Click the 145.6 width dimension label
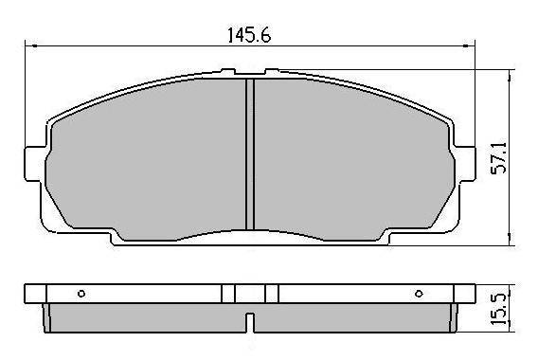(249, 35)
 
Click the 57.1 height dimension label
(498, 158)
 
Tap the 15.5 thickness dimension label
(498, 310)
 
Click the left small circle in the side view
(81, 294)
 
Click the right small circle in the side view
(419, 294)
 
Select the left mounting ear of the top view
(35, 164)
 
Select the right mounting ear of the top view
(465, 163)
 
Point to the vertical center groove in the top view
(250, 154)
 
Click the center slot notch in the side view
(250, 322)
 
